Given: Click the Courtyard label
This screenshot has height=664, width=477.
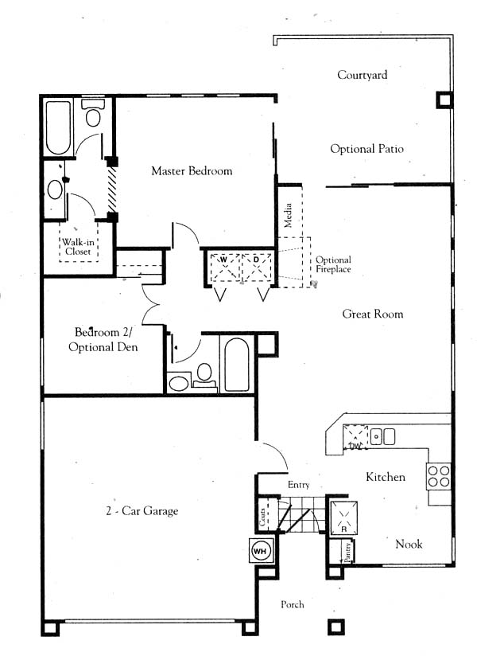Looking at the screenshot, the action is click(x=362, y=76).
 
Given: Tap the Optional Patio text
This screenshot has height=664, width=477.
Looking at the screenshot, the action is click(x=366, y=149).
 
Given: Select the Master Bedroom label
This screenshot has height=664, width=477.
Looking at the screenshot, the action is click(x=192, y=171).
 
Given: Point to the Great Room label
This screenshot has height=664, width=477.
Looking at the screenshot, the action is click(x=373, y=314).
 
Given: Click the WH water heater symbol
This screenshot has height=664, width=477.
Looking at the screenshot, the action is click(x=260, y=551).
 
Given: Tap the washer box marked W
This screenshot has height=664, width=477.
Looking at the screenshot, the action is click(x=224, y=268).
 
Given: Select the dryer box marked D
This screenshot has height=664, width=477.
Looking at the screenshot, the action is click(x=256, y=268).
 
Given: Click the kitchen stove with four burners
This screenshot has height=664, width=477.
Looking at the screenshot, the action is click(x=439, y=476).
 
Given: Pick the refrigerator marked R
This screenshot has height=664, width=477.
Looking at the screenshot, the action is click(x=343, y=518).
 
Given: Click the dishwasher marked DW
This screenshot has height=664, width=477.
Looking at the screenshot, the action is click(x=355, y=437).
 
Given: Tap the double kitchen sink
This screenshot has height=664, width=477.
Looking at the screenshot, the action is click(x=382, y=436).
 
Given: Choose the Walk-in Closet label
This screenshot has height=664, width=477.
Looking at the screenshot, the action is click(x=78, y=247).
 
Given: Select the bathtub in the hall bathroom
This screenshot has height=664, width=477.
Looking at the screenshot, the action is click(x=236, y=365).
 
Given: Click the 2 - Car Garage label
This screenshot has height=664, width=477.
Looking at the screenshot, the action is click(x=142, y=510).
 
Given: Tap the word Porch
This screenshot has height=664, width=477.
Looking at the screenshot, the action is click(x=293, y=604).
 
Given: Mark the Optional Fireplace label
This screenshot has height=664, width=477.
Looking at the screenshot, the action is click(x=333, y=264).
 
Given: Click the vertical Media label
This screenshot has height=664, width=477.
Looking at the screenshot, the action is click(x=288, y=215).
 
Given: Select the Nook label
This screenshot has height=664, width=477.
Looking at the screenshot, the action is click(x=409, y=544).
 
